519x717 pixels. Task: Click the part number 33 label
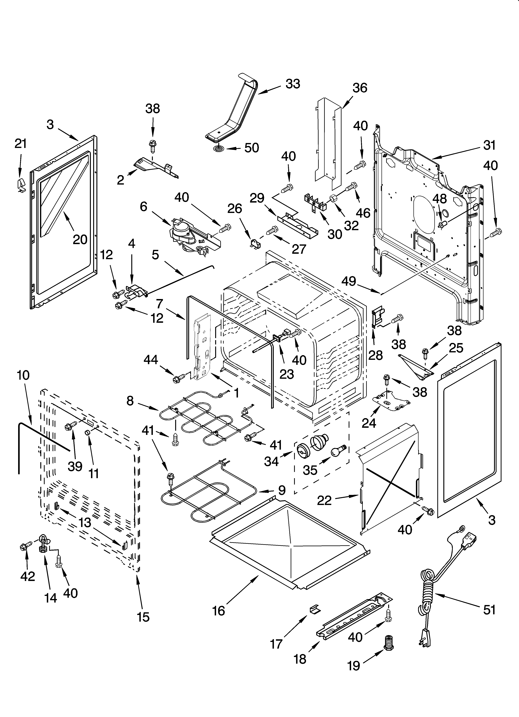[293, 84]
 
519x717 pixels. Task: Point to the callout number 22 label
[324, 500]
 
